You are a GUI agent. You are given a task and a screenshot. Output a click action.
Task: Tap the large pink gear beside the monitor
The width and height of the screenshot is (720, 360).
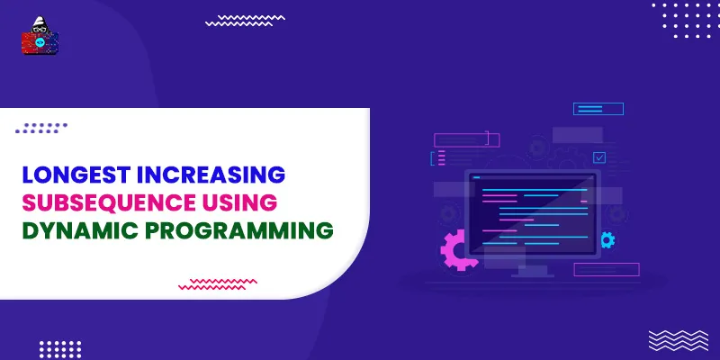[x=462, y=249]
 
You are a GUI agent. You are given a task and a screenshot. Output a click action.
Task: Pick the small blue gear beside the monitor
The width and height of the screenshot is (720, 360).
[x=607, y=239]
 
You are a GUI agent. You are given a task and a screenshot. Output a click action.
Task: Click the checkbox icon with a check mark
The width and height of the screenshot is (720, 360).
[x=599, y=157]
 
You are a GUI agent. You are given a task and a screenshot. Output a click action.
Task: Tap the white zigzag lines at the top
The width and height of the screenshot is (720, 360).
[x=245, y=21]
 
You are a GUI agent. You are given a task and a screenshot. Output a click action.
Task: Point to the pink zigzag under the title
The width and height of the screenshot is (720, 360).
[x=218, y=284]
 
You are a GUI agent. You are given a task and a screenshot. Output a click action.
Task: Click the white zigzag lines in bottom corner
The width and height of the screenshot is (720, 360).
[x=673, y=339]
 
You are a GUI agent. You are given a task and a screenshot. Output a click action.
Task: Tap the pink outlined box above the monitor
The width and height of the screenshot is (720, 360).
[x=465, y=139]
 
